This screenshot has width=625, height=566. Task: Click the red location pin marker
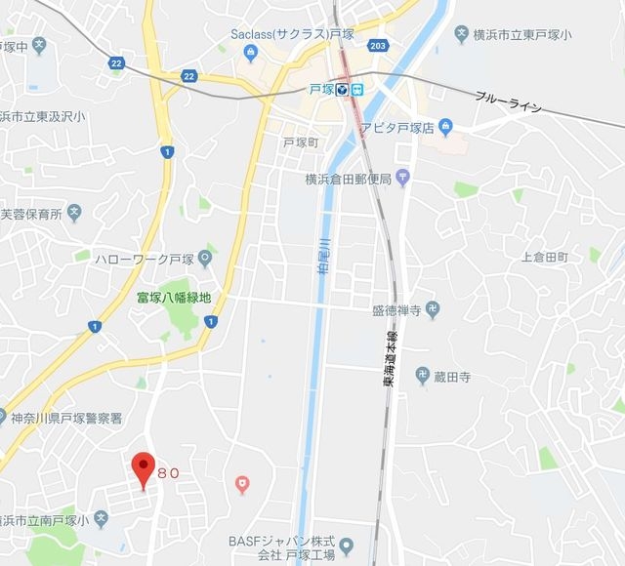(144, 469)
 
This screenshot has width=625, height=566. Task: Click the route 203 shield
(379, 46)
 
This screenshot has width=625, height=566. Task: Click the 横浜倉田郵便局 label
(348, 180)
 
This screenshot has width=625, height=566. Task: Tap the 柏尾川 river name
(322, 255)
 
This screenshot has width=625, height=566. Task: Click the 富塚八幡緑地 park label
(173, 297)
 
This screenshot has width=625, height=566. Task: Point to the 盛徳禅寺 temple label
(396, 310)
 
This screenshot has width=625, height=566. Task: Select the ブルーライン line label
(508, 101)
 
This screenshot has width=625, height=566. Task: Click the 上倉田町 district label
(545, 257)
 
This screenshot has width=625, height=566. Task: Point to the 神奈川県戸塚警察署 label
(66, 419)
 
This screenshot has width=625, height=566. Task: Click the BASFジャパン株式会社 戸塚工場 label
(281, 548)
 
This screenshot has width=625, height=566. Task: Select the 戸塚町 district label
(301, 142)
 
